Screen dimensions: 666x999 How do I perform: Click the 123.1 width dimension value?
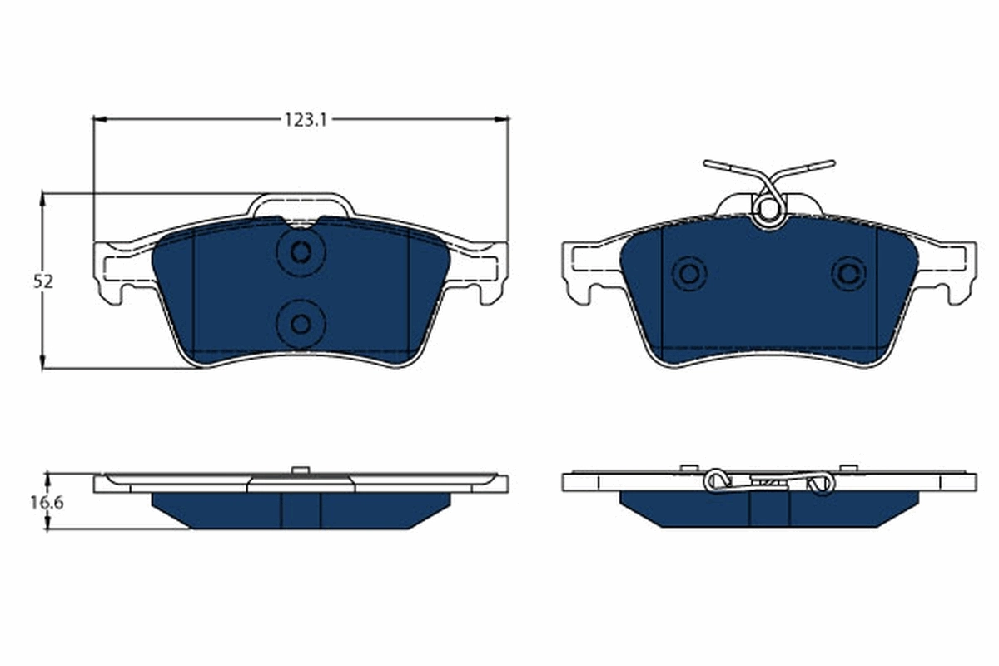tap(304, 120)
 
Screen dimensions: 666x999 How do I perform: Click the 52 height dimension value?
tap(43, 281)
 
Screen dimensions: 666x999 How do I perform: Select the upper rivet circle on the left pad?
tap(301, 251)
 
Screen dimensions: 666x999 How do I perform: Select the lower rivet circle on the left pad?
tap(301, 323)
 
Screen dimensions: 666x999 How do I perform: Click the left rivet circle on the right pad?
tap(689, 273)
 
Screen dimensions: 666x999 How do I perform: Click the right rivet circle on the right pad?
tap(848, 273)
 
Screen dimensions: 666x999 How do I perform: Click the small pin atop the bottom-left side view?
tap(300, 470)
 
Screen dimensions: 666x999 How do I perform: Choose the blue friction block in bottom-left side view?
tap(301, 509)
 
